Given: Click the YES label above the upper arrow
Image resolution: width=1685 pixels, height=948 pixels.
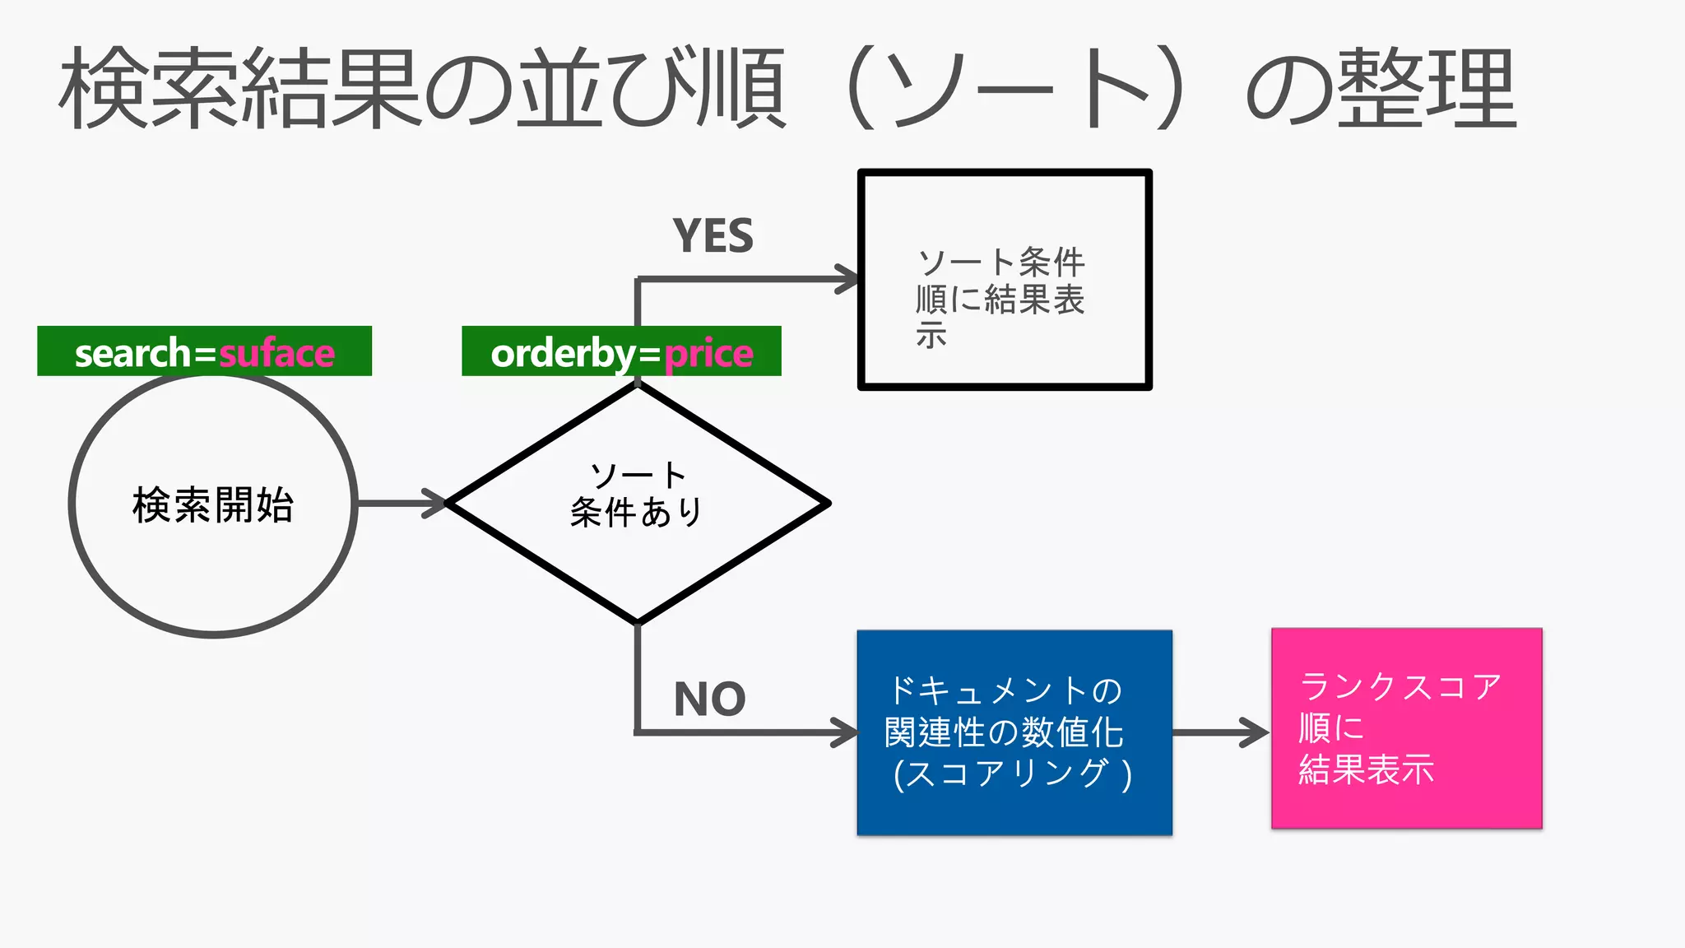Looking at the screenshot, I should coord(713,236).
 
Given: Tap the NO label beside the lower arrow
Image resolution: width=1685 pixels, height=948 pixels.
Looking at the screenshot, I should coord(709,699).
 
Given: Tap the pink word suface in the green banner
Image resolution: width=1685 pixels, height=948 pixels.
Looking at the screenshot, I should coord(276,353).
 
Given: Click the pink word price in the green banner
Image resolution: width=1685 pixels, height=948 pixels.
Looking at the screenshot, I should coord(708,354).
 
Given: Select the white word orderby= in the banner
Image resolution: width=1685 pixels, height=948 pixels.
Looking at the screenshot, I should coord(576,354).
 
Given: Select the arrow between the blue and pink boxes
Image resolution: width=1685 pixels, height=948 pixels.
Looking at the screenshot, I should coord(1221,732).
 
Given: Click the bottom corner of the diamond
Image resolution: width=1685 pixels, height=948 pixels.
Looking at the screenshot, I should coord(638,621).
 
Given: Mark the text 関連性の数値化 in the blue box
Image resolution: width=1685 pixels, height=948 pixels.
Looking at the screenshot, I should coord(1004,732).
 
